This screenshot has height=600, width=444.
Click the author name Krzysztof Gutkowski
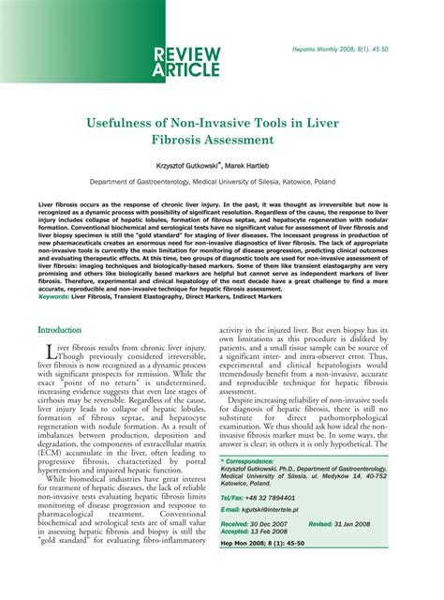tap(193, 165)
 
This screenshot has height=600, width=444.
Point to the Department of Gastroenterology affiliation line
tap(222, 183)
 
